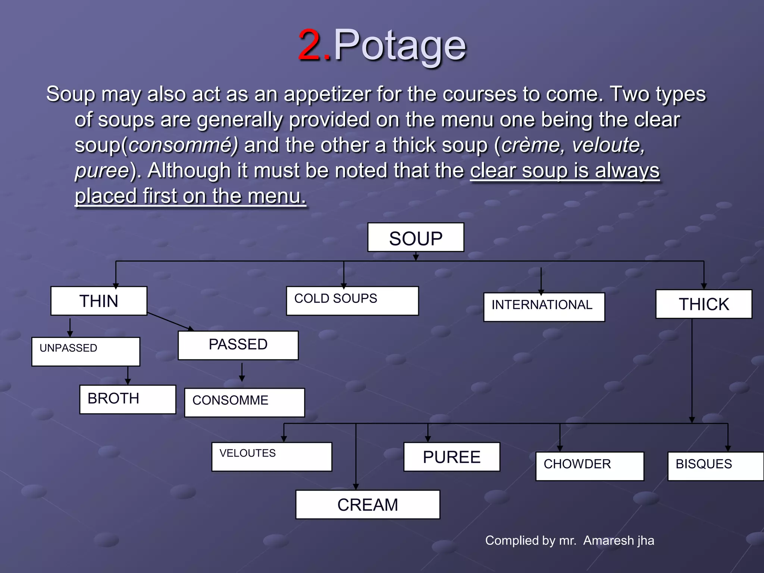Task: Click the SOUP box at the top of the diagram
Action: (x=416, y=238)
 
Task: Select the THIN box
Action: (x=99, y=301)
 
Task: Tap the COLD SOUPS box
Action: (x=352, y=301)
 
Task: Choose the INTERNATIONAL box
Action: (x=544, y=307)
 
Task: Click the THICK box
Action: (x=704, y=304)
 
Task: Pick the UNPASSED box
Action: (x=86, y=351)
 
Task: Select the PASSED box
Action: (x=238, y=345)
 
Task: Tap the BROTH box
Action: (x=128, y=399)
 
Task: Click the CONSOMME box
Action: (x=244, y=402)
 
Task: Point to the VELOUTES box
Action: (x=272, y=457)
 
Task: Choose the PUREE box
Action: (x=451, y=457)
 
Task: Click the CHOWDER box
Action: (x=589, y=466)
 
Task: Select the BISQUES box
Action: (x=715, y=466)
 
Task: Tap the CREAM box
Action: (x=367, y=504)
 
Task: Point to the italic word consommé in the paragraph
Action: (x=183, y=145)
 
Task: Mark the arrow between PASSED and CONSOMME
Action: (x=242, y=372)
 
